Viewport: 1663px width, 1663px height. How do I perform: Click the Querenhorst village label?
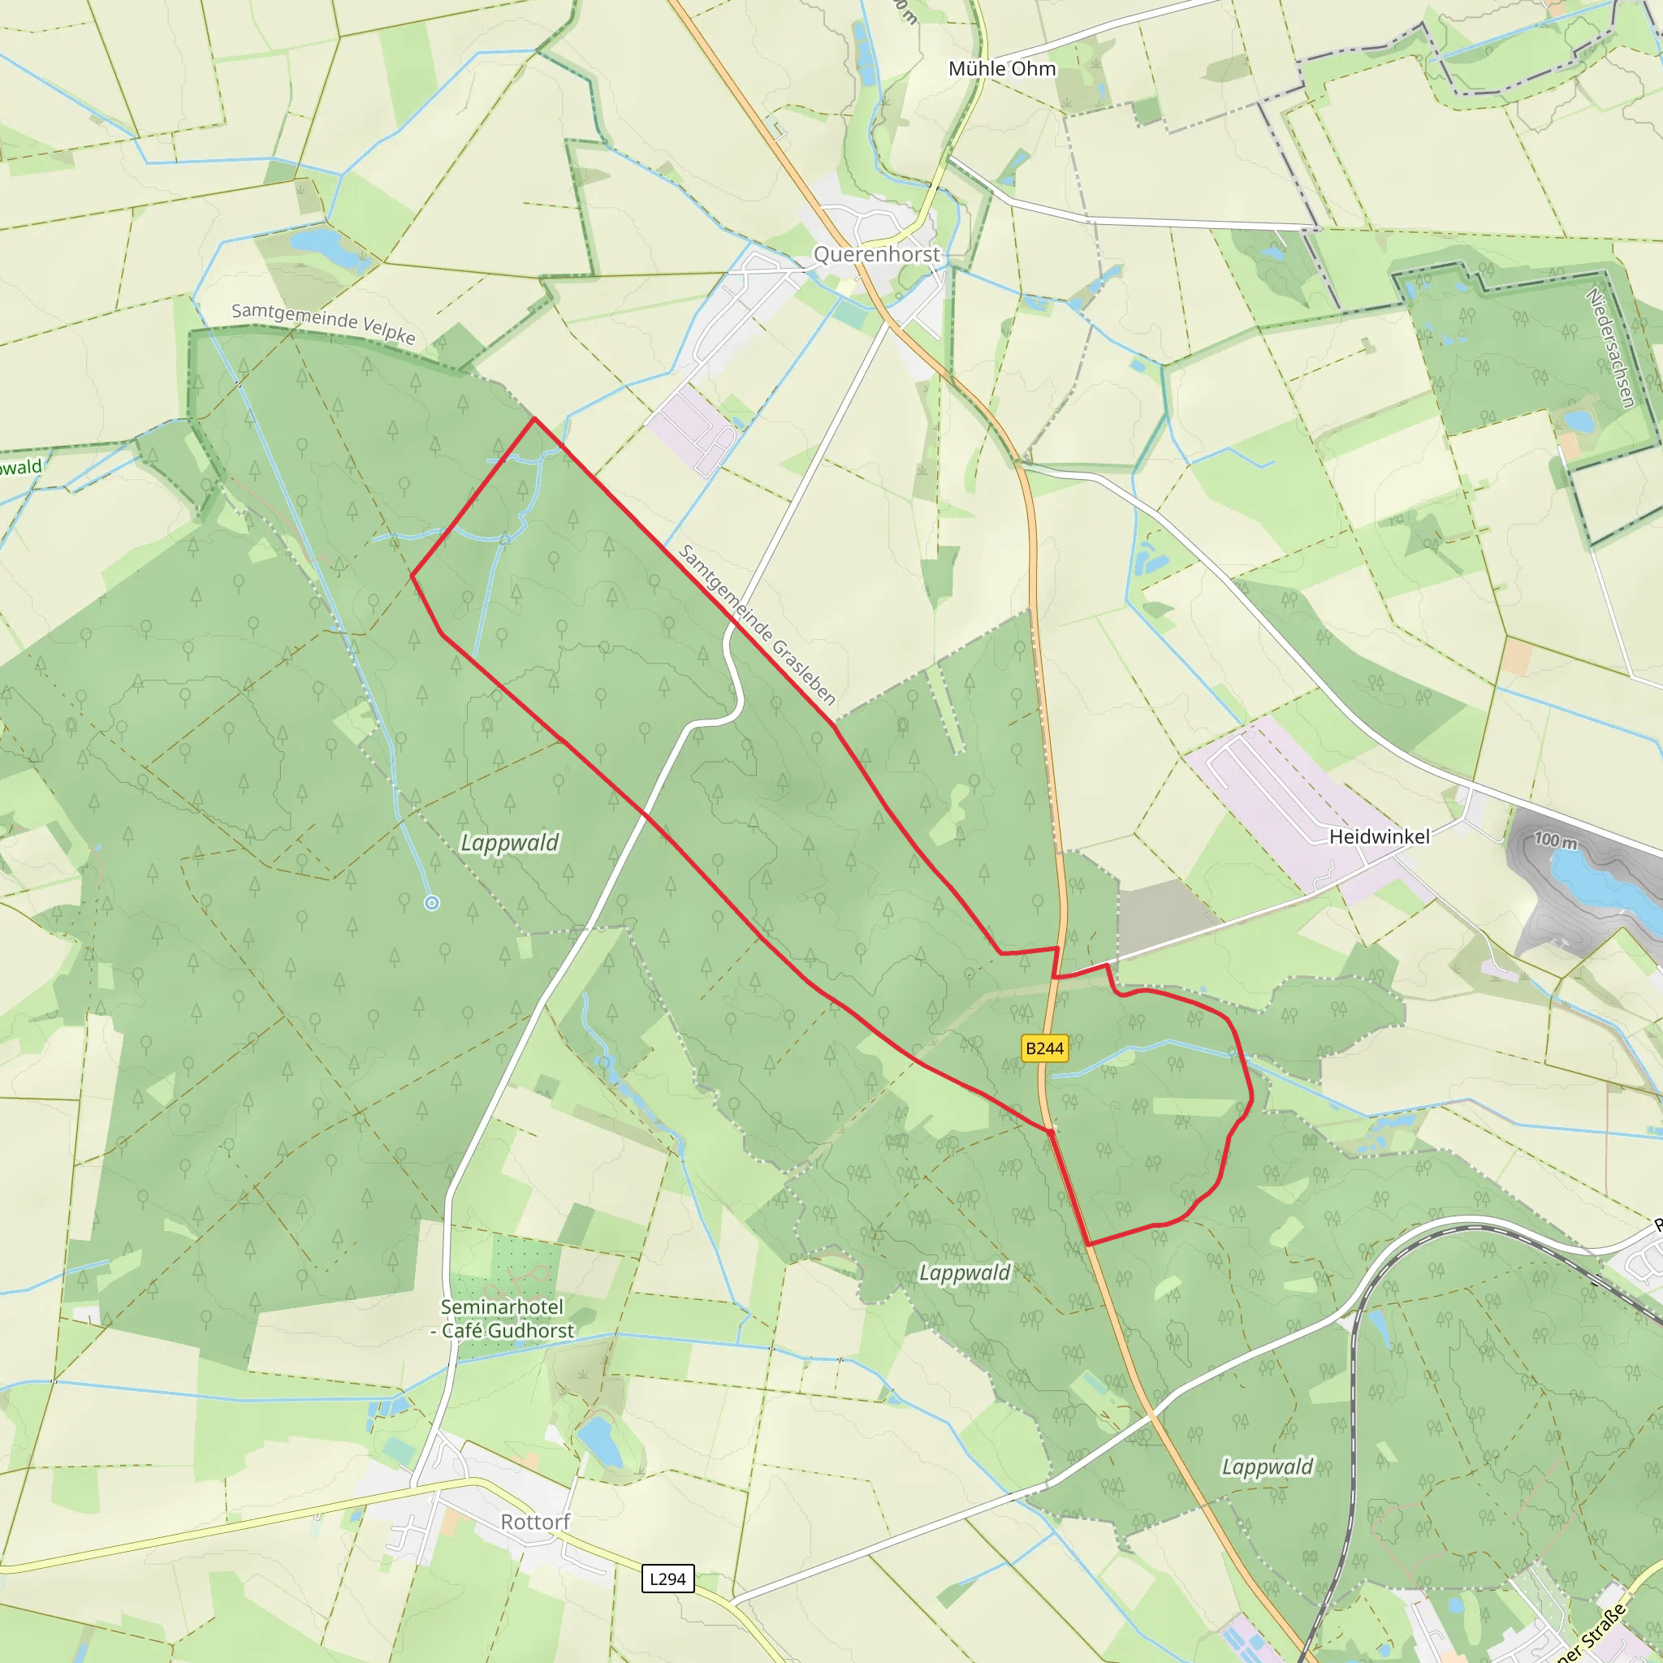pyautogui.click(x=876, y=255)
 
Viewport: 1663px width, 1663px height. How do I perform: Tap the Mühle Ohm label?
pyautogui.click(x=1002, y=69)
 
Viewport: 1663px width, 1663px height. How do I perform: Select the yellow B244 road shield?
pyautogui.click(x=1044, y=1048)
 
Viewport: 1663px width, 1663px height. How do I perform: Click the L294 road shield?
pyautogui.click(x=668, y=1579)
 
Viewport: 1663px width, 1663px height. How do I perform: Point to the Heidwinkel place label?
pyautogui.click(x=1379, y=836)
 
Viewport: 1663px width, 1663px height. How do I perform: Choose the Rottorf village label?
pyautogui.click(x=535, y=1522)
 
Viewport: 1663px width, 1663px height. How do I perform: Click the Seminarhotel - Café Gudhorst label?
pyautogui.click(x=503, y=1319)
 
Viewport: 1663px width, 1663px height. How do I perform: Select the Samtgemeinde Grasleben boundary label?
pyautogui.click(x=758, y=624)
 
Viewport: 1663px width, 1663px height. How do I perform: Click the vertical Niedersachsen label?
pyautogui.click(x=1609, y=348)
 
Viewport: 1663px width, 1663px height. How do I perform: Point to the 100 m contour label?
pyautogui.click(x=1557, y=840)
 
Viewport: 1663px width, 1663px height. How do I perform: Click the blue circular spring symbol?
pyautogui.click(x=432, y=903)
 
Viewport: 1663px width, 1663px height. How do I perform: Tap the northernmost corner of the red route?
pyautogui.click(x=534, y=419)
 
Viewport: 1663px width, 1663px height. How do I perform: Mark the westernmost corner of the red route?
pyautogui.click(x=413, y=575)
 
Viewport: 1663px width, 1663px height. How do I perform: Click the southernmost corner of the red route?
pyautogui.click(x=1089, y=1245)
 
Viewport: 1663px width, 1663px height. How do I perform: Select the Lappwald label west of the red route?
pyautogui.click(x=510, y=842)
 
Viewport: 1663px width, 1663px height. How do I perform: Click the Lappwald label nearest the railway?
pyautogui.click(x=1267, y=1466)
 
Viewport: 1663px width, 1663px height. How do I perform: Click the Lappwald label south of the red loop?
pyautogui.click(x=964, y=1272)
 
